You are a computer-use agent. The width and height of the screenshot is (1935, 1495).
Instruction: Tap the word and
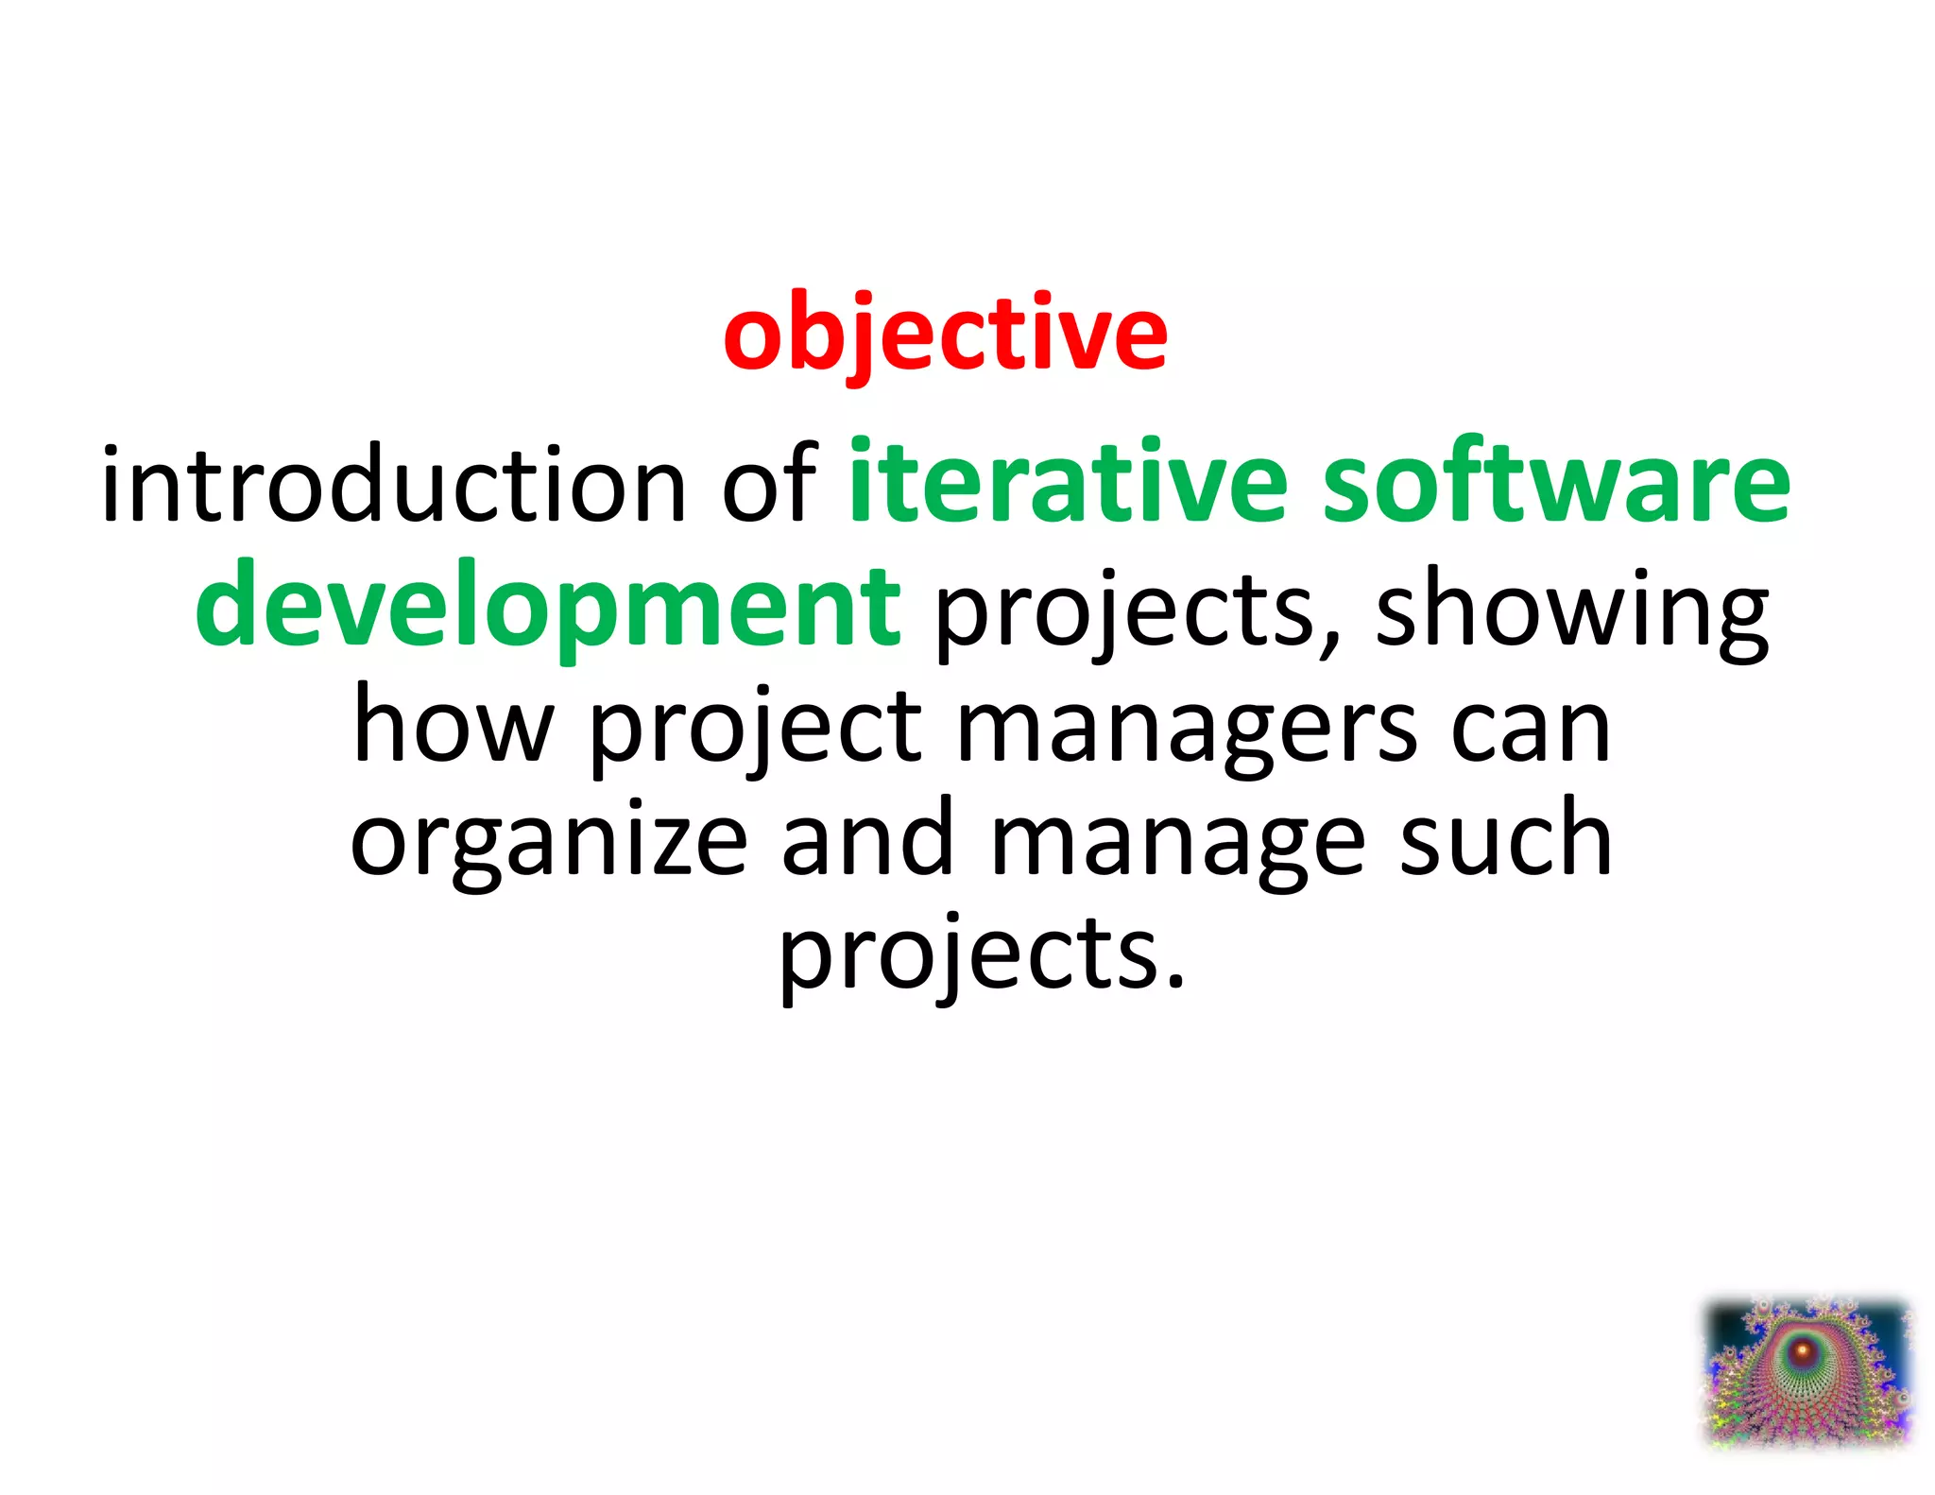867,839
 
